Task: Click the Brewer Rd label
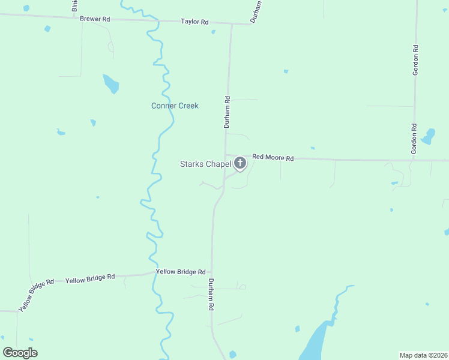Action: click(95, 19)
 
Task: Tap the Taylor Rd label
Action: click(194, 22)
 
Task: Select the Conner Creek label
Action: click(175, 106)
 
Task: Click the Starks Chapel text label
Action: click(206, 164)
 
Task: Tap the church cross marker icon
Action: click(240, 163)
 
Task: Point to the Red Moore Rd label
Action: click(273, 158)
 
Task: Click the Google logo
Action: click(20, 353)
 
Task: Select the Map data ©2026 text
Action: click(423, 355)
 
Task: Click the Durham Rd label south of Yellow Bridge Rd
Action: click(211, 294)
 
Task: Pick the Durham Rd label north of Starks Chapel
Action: click(227, 112)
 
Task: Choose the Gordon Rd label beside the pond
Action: click(414, 139)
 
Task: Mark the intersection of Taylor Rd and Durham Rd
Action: click(232, 25)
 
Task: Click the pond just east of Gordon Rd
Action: click(428, 137)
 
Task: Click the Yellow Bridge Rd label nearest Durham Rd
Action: click(181, 272)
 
